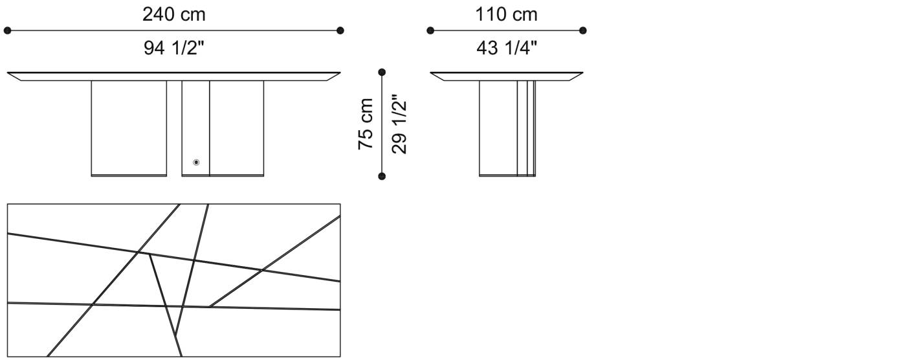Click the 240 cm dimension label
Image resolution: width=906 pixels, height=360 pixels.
pyautogui.click(x=173, y=14)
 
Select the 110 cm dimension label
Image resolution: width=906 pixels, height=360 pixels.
pyautogui.click(x=506, y=14)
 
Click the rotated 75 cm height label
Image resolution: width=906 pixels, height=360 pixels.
pyautogui.click(x=366, y=124)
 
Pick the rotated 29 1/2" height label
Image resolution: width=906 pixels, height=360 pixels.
pyautogui.click(x=399, y=124)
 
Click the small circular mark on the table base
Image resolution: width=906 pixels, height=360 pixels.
pyautogui.click(x=196, y=163)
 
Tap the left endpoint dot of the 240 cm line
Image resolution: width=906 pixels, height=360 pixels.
pyautogui.click(x=8, y=30)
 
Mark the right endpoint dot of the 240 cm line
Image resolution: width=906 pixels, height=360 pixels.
pyautogui.click(x=340, y=30)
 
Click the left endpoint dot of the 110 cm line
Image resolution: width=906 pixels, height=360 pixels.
pyautogui.click(x=430, y=30)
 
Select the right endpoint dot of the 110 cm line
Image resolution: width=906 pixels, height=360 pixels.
pyautogui.click(x=583, y=30)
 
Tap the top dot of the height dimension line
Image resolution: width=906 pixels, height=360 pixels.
pyautogui.click(x=382, y=72)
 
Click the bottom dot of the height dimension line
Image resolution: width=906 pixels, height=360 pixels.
pyautogui.click(x=382, y=176)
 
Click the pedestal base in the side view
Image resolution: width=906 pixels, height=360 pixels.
pyautogui.click(x=507, y=128)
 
